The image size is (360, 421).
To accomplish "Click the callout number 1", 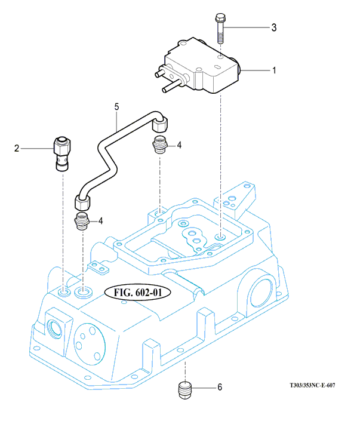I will coord(274,71).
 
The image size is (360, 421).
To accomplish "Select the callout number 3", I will coord(274,27).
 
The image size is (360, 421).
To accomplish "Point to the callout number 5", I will coord(118,107).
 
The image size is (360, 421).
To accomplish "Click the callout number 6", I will coord(219,388).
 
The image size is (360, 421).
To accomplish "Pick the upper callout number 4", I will coord(179,145).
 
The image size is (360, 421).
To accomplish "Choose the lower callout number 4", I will coord(101,220).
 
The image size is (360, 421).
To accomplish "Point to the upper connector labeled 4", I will coord(159,145).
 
